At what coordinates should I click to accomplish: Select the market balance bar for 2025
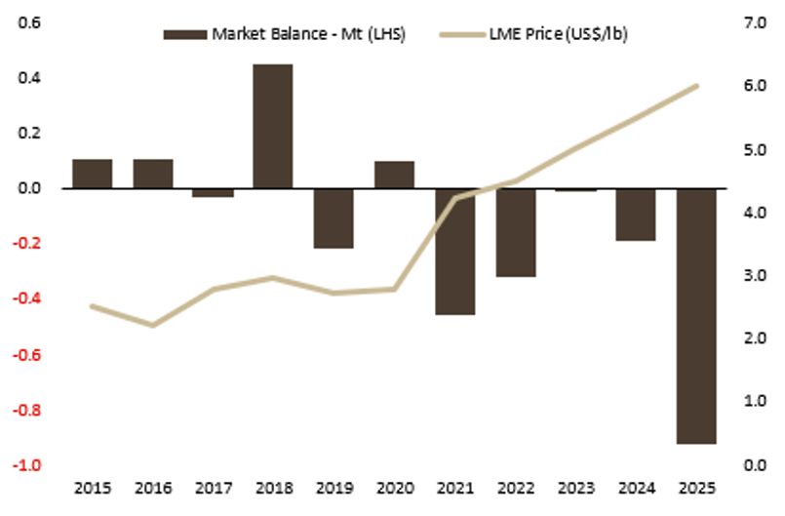[x=696, y=316]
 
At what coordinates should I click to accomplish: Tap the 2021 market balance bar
[x=454, y=252]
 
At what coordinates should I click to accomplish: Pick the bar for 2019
[x=334, y=218]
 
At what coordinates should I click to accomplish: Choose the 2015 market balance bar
[x=92, y=174]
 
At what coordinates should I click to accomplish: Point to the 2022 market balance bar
[x=515, y=232]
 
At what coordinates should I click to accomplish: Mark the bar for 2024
[x=636, y=215]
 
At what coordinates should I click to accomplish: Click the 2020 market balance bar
[x=394, y=175]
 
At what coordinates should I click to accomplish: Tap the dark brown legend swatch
[x=184, y=33]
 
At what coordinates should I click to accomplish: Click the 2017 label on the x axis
[x=213, y=487]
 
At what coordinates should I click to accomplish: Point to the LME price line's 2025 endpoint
[x=696, y=86]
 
